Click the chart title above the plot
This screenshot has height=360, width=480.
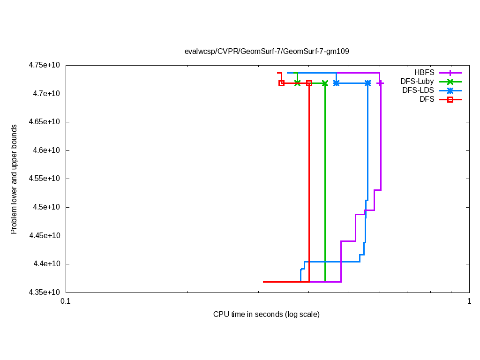266,51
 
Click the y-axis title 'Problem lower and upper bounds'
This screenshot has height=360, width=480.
14,179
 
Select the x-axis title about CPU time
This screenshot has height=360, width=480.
266,314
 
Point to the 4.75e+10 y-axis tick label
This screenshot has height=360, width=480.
45,65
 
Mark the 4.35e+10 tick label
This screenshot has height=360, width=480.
45,292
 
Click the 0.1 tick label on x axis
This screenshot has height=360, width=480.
65,301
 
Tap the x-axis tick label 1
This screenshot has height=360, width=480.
469,301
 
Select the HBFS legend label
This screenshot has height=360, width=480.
424,73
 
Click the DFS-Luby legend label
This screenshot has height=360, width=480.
417,82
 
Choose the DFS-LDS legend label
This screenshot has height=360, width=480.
418,90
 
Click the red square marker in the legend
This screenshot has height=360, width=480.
450,99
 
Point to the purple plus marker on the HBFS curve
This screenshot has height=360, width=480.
380,83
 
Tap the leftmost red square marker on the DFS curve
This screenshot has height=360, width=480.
281,83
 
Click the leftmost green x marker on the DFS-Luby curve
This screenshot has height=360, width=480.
297,83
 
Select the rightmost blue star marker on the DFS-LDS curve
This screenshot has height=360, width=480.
367,83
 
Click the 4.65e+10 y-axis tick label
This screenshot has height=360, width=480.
45,122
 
